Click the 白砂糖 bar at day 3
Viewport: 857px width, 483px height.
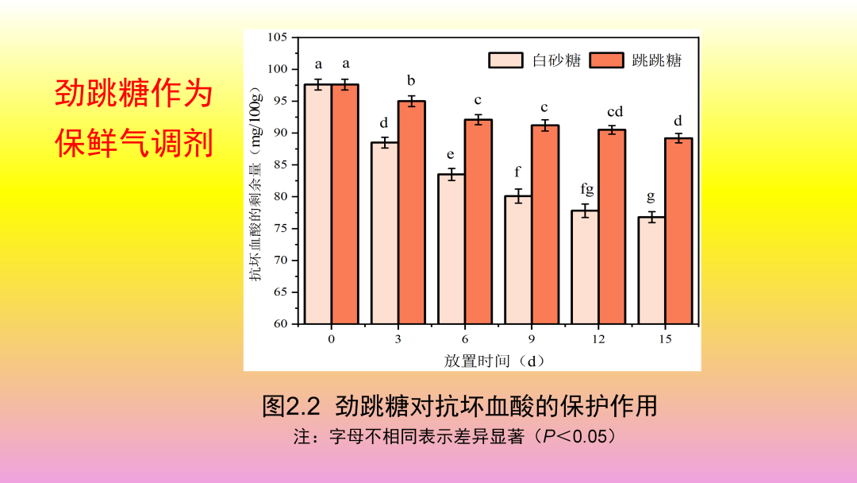384,234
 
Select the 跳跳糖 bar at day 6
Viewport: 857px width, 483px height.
478,222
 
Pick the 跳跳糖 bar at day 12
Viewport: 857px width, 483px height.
612,226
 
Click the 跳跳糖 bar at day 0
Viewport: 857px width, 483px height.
345,204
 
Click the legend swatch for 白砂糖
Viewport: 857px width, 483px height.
505,60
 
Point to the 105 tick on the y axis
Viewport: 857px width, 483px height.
278,37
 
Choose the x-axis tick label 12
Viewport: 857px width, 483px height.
598,339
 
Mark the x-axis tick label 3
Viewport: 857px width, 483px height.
398,339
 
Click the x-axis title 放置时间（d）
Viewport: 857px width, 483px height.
494,361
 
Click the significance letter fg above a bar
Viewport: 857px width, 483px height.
586,190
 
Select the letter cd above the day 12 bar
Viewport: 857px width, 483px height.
615,112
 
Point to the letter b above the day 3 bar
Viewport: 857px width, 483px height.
411,80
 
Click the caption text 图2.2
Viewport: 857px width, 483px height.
290,407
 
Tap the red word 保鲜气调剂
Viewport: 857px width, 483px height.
134,144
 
